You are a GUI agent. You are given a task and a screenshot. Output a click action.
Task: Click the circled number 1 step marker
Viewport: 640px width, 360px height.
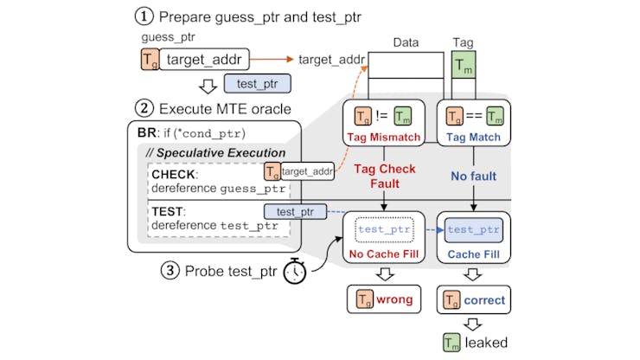click(144, 16)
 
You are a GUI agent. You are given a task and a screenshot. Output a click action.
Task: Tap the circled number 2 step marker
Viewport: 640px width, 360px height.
click(144, 109)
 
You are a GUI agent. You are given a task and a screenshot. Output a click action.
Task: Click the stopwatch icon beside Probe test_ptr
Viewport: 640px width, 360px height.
click(294, 270)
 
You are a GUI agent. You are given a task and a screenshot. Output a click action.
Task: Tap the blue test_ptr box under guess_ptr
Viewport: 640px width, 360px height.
click(256, 83)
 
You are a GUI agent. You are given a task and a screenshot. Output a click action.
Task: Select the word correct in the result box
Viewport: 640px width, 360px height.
click(485, 299)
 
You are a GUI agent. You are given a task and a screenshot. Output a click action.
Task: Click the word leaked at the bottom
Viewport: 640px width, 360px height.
click(485, 343)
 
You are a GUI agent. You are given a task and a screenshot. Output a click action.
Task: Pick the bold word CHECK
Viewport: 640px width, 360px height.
click(176, 173)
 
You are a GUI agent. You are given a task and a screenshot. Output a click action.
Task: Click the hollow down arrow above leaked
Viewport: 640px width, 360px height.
click(472, 322)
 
